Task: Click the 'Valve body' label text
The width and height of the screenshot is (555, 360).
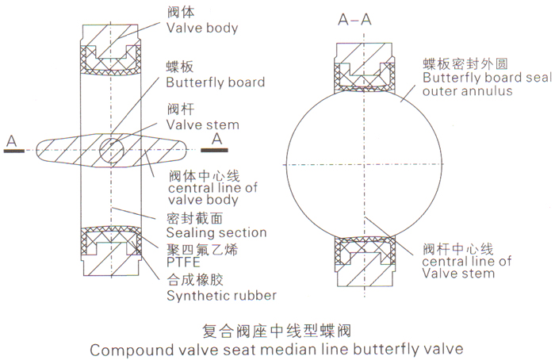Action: click(x=202, y=28)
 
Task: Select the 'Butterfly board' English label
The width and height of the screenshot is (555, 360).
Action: click(x=216, y=82)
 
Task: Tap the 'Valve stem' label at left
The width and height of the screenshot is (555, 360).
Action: click(x=203, y=124)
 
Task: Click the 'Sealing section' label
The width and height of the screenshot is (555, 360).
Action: click(x=216, y=232)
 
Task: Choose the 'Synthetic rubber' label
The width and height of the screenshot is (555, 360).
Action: click(x=221, y=295)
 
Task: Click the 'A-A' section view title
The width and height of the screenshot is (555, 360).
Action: click(x=354, y=19)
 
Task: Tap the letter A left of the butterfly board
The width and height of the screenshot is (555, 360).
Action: click(x=12, y=141)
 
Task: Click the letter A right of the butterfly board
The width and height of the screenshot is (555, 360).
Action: click(x=217, y=139)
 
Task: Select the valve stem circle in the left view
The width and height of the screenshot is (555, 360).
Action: click(x=112, y=150)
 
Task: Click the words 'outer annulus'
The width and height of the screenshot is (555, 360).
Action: click(x=467, y=91)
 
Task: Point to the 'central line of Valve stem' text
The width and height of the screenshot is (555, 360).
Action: click(x=466, y=267)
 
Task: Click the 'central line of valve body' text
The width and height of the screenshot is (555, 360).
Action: click(x=212, y=193)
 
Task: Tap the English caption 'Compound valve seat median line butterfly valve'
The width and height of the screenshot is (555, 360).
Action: click(x=277, y=350)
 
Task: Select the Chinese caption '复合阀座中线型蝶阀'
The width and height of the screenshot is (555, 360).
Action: click(x=277, y=331)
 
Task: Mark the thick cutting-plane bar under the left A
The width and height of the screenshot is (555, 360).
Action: click(x=14, y=151)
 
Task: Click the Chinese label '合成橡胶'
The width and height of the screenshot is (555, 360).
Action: click(x=195, y=279)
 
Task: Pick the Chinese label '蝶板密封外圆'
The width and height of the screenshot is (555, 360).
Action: click(x=465, y=63)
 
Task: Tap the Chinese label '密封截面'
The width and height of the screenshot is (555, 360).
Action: click(x=195, y=218)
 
